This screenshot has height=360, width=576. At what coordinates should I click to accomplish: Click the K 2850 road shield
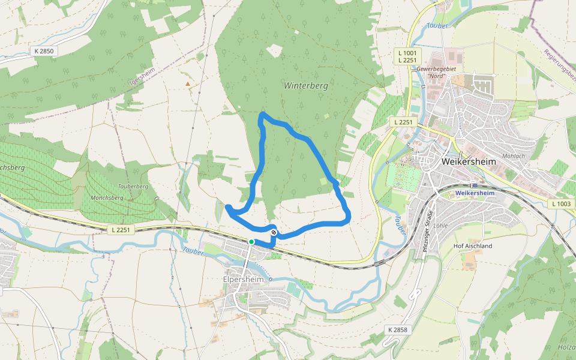coord(44,52)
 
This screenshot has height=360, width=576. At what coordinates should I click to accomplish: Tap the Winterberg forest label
coord(306,86)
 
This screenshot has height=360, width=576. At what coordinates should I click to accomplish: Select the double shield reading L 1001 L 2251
coord(407,57)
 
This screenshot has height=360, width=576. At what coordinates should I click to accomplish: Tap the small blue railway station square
coord(475,185)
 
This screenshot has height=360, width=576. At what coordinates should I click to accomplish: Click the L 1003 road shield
coord(562,204)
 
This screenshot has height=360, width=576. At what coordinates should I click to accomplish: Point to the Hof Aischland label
coord(473,246)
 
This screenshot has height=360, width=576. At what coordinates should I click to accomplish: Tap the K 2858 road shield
coord(397,330)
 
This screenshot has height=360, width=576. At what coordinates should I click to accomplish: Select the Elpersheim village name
coord(243,279)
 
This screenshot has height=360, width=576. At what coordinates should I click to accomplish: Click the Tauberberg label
coord(133,187)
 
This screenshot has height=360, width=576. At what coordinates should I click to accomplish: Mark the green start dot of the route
coord(251,242)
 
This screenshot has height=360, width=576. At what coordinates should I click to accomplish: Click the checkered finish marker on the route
coord(274,232)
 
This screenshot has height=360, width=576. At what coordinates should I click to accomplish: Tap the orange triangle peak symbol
coord(188,84)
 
